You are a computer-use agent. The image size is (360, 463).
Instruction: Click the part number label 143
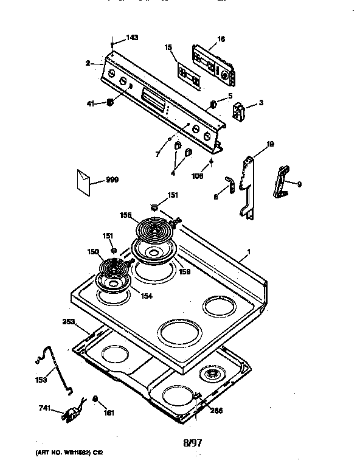pos(132,38)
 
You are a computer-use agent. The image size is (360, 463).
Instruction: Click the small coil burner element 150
pos(111,267)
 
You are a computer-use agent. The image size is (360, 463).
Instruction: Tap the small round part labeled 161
pos(95,399)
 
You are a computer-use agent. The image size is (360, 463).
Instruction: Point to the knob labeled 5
pos(213,103)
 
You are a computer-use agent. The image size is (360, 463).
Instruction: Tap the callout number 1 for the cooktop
pos(247,251)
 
